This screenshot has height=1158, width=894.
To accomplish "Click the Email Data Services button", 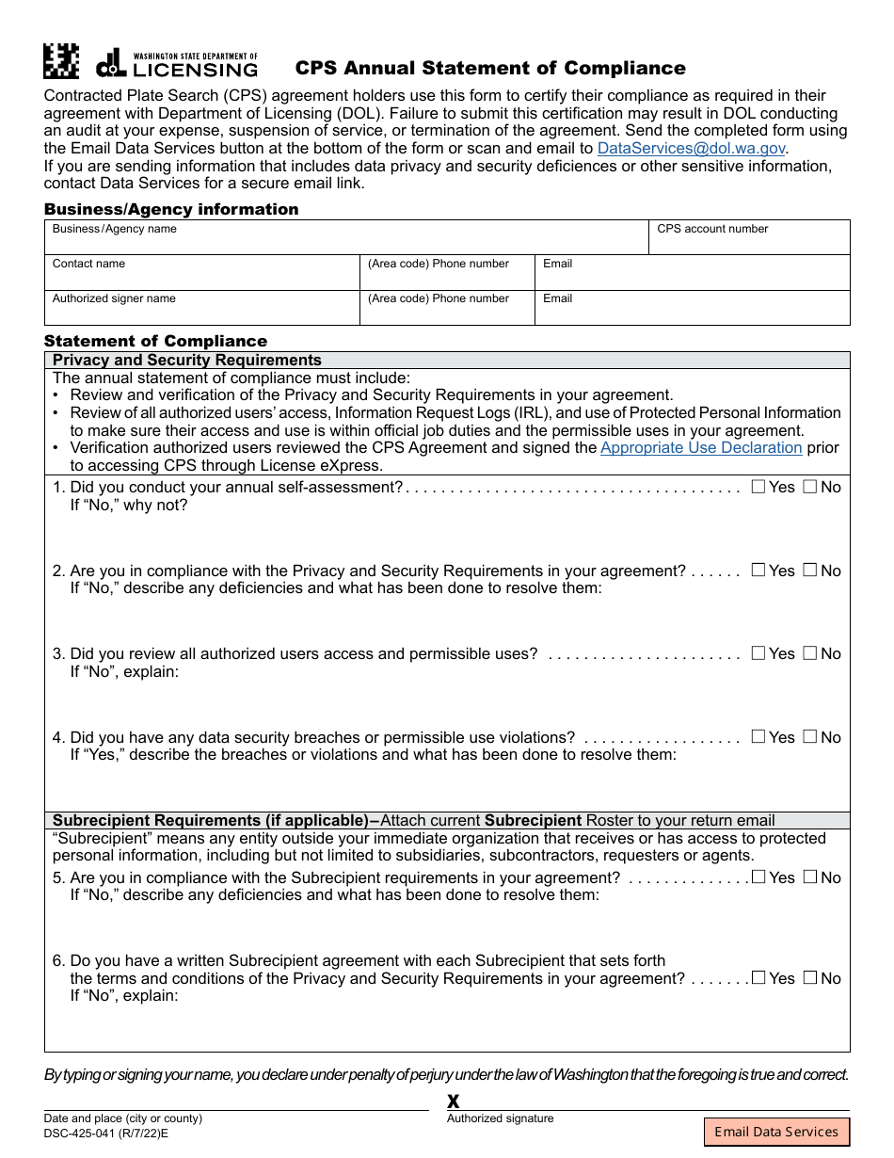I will point(776,1132).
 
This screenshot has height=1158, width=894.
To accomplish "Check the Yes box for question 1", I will point(758,487).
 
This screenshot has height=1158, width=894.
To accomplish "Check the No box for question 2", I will point(809,571).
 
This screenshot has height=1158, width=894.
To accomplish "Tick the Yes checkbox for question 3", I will point(758,653).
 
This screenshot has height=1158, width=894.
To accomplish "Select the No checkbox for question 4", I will point(809,737).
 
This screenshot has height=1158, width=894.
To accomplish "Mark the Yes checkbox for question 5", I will point(758,877).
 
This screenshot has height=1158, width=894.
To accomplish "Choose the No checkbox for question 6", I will point(809,978).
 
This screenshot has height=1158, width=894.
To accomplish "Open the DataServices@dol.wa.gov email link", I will point(691,148).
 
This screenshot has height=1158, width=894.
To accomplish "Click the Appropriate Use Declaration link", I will point(701,448).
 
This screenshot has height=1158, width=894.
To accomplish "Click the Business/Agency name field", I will point(346,243).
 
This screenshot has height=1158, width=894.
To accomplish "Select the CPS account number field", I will point(749,243).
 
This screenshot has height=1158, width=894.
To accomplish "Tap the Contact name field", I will point(202,278).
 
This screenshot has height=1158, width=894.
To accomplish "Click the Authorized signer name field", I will point(202,313).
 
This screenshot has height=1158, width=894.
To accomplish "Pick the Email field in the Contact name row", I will point(693,278).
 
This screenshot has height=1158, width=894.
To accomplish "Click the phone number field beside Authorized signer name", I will point(448,313).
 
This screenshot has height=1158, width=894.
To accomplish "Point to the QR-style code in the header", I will point(62,62).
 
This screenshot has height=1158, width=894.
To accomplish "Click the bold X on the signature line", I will point(454,1102).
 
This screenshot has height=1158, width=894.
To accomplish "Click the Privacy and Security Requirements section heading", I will point(187,360).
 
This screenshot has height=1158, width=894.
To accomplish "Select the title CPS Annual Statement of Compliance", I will point(490,68).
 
